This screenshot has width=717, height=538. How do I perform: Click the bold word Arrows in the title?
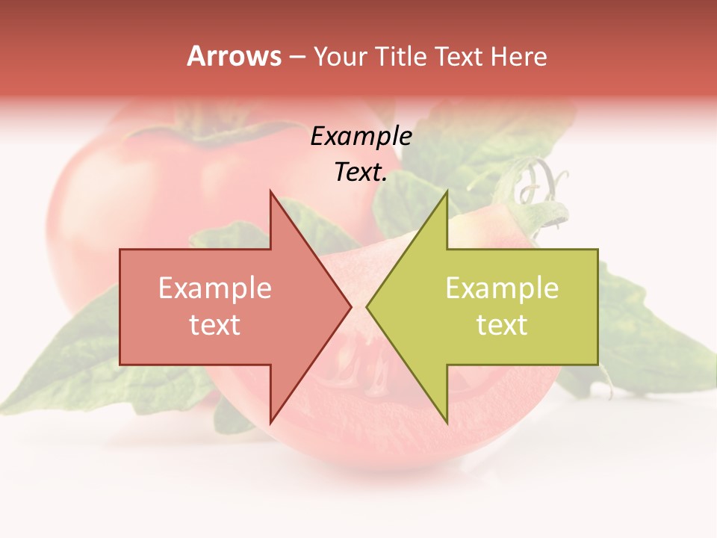click(x=235, y=56)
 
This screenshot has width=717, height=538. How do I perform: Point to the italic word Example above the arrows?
click(x=361, y=136)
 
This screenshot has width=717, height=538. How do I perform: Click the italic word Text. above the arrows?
click(x=361, y=173)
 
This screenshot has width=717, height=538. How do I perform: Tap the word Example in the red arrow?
click(x=215, y=288)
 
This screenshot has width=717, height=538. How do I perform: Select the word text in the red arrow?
click(x=215, y=325)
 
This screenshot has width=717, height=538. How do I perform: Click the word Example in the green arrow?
click(x=502, y=288)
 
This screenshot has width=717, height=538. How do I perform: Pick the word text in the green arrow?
click(x=502, y=325)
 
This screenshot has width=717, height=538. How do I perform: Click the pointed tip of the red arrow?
click(x=351, y=306)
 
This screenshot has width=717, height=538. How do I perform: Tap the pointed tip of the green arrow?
click(x=367, y=306)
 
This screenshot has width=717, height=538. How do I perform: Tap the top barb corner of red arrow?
click(x=270, y=191)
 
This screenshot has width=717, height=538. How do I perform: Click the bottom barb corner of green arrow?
click(x=447, y=421)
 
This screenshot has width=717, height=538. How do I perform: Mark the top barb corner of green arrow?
click(x=447, y=191)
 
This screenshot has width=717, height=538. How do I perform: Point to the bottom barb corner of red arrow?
click(x=270, y=421)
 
